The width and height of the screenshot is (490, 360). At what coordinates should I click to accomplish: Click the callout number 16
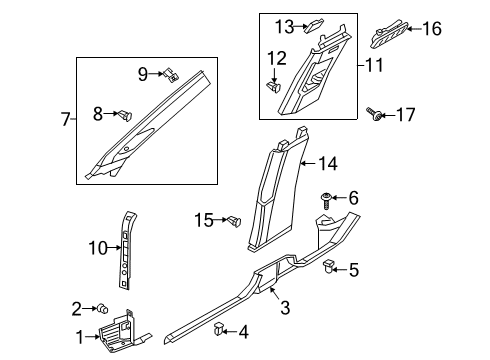(x=432, y=29)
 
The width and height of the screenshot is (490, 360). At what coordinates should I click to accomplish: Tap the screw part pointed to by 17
(x=374, y=114)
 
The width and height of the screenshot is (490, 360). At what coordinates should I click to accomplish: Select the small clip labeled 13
(x=315, y=25)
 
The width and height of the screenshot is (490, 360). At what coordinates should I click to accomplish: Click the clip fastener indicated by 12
(x=274, y=88)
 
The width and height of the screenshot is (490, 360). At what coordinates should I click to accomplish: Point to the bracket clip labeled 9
(x=171, y=76)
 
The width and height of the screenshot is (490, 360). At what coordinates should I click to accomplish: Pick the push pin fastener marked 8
(x=125, y=115)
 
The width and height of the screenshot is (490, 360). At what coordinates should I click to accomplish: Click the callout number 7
(x=66, y=119)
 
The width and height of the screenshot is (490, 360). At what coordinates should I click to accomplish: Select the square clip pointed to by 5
(x=328, y=267)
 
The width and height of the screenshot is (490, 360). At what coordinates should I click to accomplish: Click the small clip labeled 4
(x=218, y=329)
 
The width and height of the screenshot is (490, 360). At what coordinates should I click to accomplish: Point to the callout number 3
(x=285, y=308)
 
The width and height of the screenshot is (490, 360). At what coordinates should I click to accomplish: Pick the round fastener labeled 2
(x=102, y=309)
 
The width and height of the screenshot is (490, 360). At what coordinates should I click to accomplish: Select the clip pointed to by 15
(x=235, y=221)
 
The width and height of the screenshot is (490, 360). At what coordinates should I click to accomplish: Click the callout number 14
(x=328, y=164)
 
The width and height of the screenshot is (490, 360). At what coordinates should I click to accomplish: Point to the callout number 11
(x=374, y=65)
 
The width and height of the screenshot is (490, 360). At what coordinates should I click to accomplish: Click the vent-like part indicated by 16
(x=389, y=34)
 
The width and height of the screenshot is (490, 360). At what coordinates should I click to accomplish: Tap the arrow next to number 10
(x=115, y=248)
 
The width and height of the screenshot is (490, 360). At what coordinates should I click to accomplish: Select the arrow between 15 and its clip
(x=221, y=220)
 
